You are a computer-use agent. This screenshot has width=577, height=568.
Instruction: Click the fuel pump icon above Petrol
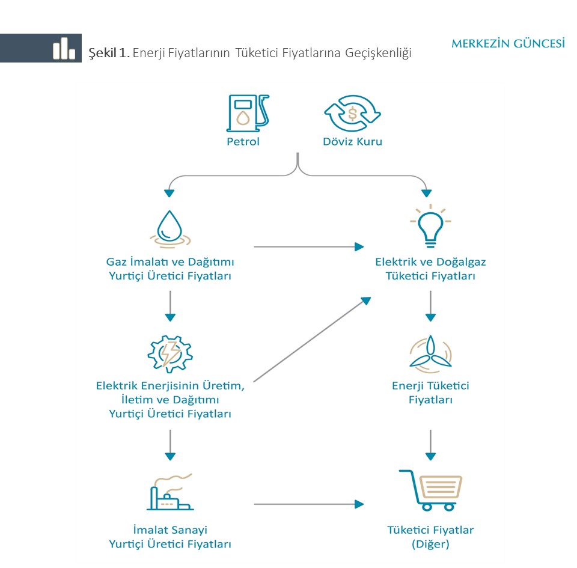247,114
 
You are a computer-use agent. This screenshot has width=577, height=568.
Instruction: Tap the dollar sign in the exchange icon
353,114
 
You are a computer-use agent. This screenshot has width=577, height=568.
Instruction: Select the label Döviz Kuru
353,142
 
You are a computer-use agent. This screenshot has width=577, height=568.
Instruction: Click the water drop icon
169,228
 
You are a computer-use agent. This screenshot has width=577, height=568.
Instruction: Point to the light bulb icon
430,225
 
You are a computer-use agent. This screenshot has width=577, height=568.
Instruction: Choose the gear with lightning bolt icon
170,354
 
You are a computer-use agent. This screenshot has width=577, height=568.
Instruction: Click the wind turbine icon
430,354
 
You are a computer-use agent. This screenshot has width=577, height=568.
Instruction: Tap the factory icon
170,492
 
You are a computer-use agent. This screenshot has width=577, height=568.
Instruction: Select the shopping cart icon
430,490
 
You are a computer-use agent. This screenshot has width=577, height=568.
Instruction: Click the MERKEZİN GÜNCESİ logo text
508,44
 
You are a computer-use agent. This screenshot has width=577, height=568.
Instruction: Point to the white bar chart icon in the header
64,48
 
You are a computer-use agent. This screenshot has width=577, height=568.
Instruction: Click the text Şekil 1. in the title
109,53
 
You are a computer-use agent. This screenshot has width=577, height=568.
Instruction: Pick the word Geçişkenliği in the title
378,53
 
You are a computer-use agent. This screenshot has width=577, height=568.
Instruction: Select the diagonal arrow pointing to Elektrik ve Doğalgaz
312,340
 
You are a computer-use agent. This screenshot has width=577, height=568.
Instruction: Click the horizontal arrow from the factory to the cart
309,504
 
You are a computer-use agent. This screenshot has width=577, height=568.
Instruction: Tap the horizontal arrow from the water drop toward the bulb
309,246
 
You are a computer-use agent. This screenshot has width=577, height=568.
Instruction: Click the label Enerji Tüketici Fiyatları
430,392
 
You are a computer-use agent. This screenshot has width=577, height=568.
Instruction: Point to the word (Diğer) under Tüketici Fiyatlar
430,544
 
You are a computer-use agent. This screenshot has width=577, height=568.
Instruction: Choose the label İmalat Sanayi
170,530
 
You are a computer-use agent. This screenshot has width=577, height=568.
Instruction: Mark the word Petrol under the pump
243,142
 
